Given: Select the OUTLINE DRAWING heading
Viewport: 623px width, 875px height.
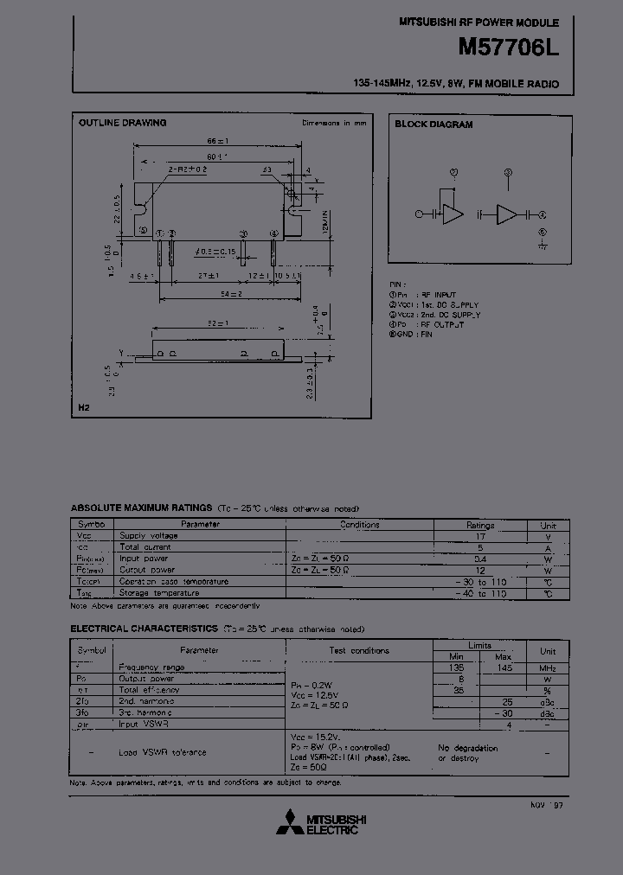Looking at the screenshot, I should (122, 123).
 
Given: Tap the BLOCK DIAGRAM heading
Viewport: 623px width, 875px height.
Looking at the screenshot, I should (434, 125).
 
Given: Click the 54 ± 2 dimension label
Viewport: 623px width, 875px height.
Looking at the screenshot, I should (230, 296).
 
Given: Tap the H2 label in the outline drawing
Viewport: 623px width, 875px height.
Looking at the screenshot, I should (84, 406).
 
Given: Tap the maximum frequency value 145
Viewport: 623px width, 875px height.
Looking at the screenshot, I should (504, 668).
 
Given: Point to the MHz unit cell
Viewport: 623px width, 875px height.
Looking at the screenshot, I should (548, 668).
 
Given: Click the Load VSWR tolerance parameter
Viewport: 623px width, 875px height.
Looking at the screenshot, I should (163, 752).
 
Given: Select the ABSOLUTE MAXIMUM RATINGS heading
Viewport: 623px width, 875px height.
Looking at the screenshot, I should (141, 508).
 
